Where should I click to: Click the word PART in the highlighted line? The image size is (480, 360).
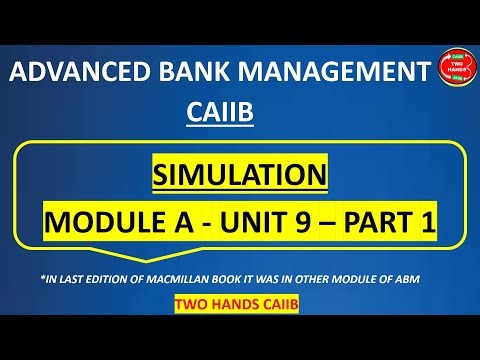pos(370,223)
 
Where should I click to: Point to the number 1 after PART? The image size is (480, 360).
pos(427,223)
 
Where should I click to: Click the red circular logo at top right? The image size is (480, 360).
pos(457,69)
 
